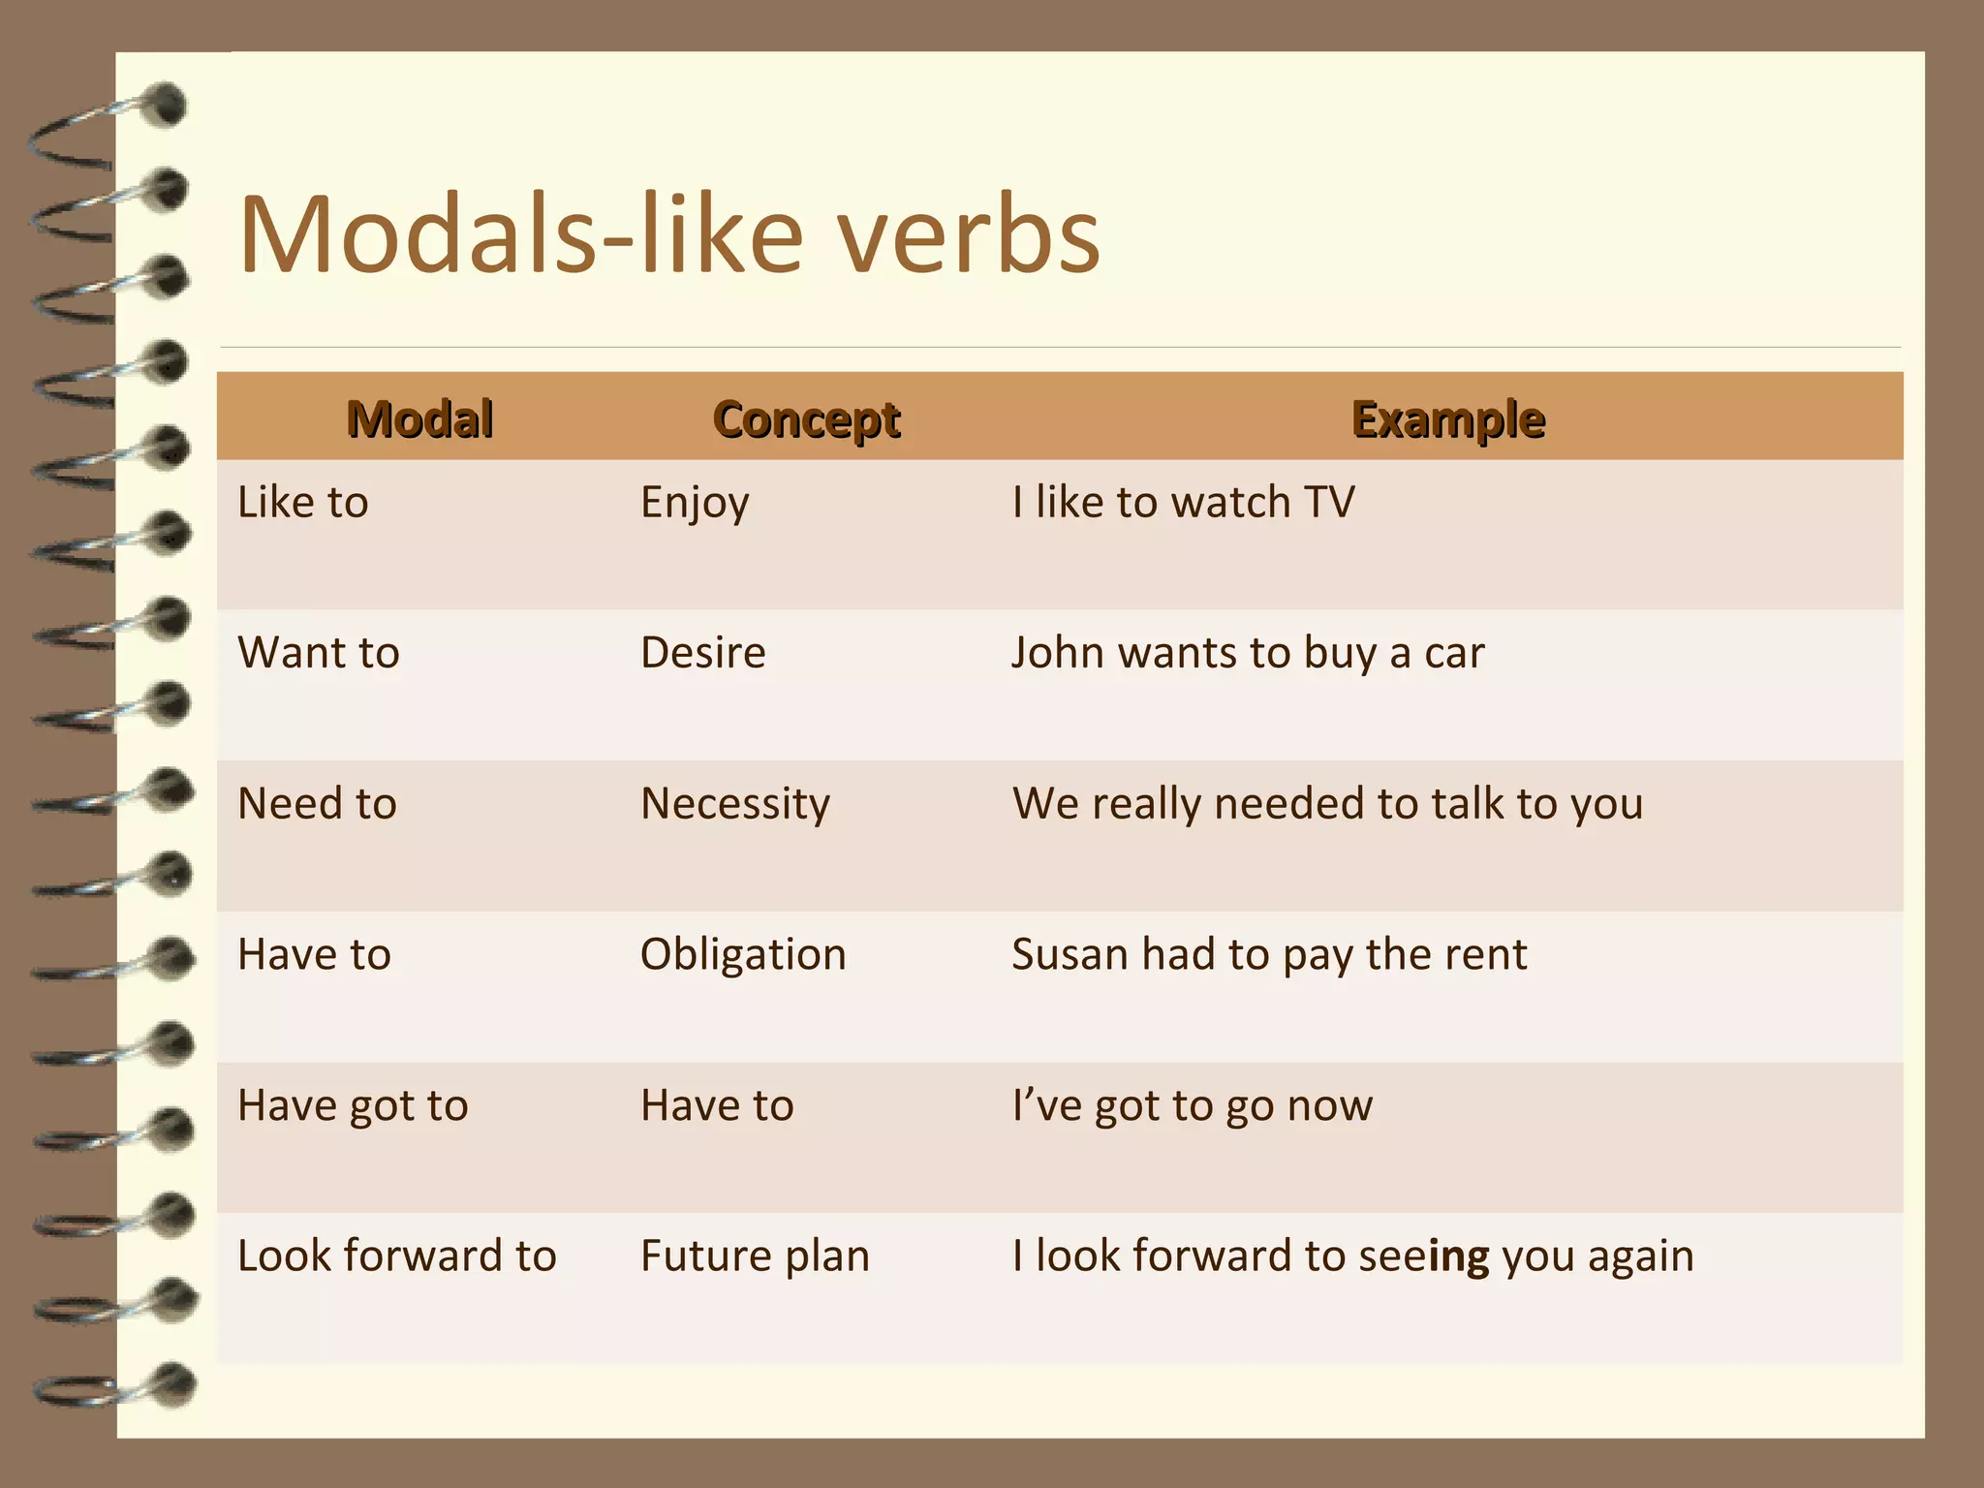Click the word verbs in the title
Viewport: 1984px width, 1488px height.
click(x=969, y=235)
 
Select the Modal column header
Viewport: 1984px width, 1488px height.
click(x=419, y=418)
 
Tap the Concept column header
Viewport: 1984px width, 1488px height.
click(x=806, y=418)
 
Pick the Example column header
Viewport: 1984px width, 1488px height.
click(x=1447, y=418)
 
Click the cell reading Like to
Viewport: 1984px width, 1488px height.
click(x=303, y=503)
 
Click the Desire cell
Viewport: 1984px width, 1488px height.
click(x=702, y=653)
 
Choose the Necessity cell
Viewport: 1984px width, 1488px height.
click(x=735, y=804)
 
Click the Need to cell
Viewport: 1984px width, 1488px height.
click(x=317, y=804)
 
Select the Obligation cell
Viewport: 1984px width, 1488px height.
click(x=743, y=955)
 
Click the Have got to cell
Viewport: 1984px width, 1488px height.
click(x=353, y=1106)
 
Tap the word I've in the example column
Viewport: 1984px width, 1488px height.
click(x=1046, y=1105)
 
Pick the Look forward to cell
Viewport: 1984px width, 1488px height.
click(x=396, y=1256)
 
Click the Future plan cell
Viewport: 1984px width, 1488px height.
click(x=755, y=1256)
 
